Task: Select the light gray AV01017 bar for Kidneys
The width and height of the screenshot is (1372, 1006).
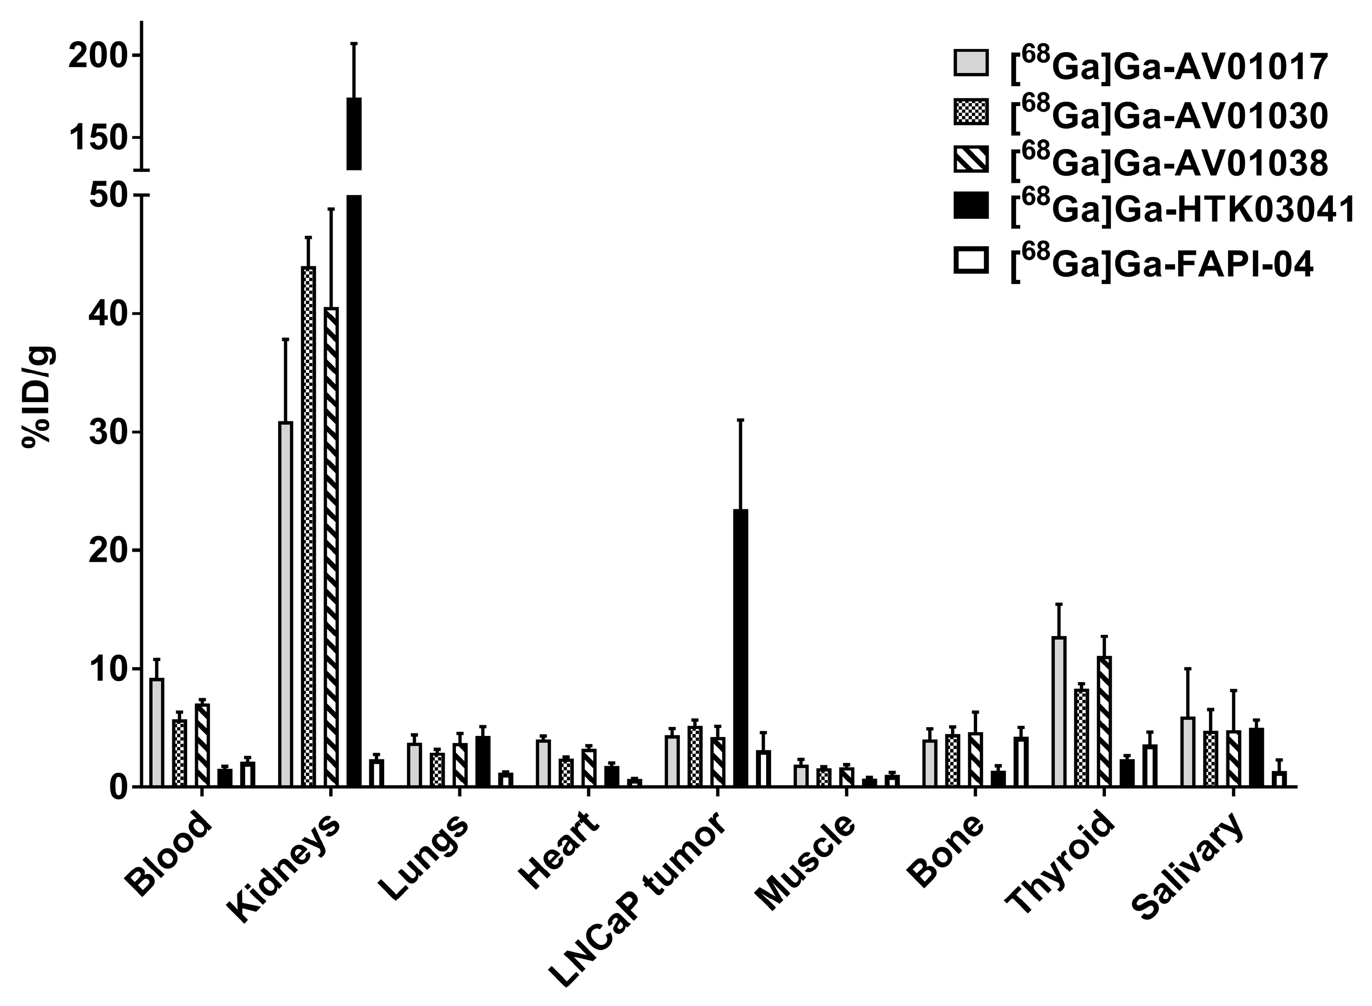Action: (285, 603)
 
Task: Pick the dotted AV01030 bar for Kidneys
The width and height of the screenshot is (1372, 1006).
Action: (308, 527)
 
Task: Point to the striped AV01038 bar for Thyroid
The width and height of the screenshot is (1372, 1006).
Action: (1104, 721)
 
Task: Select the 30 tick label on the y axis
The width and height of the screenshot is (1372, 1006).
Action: (109, 433)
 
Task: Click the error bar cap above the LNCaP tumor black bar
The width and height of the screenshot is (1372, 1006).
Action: (740, 420)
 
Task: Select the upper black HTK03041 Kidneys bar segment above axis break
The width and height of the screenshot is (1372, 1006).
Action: (354, 133)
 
